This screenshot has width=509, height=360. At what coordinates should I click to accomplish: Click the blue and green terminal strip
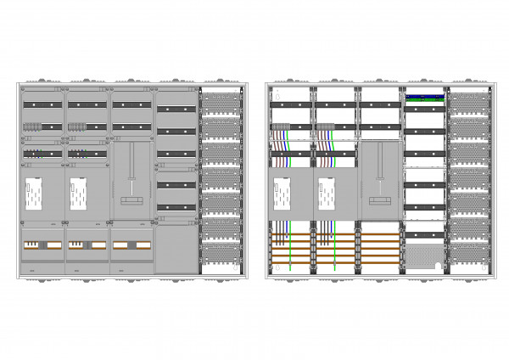point(426,97)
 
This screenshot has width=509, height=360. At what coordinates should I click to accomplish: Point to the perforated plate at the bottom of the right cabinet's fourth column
point(426,254)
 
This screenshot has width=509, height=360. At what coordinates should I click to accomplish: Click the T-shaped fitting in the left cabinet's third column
point(131,199)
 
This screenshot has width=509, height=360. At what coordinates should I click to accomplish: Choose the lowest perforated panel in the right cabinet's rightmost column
point(469,253)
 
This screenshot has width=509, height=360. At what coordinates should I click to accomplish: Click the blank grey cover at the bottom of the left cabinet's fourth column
point(176,248)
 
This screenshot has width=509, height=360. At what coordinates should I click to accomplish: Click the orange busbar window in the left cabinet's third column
point(131,245)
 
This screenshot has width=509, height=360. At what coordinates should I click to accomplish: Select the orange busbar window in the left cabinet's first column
point(42,245)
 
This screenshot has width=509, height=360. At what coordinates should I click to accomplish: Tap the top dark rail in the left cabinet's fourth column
point(176,110)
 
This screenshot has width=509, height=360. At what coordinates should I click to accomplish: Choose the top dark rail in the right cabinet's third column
point(379,105)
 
